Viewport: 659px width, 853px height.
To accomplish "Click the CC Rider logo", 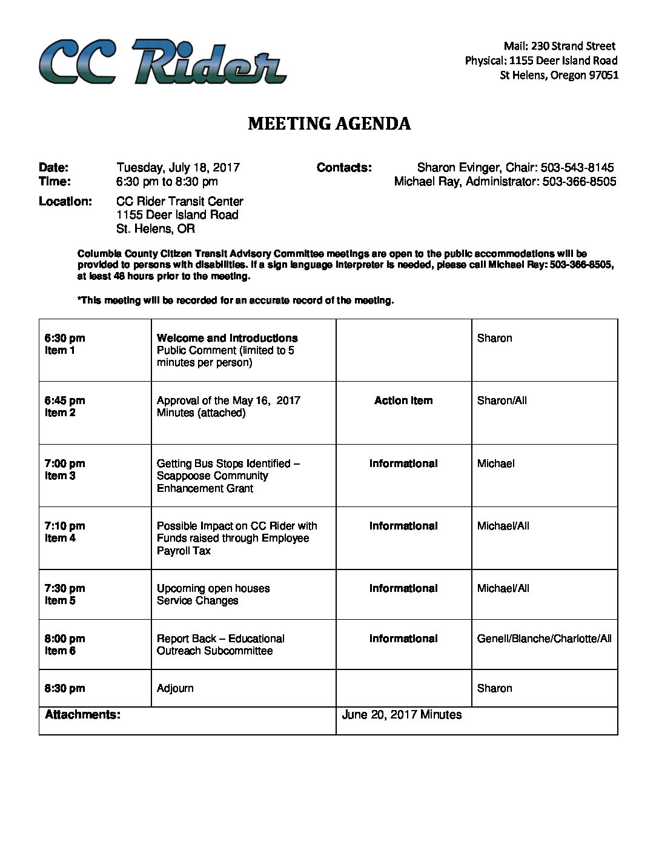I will coord(162,61).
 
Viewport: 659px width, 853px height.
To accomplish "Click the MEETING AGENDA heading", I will coord(329,124).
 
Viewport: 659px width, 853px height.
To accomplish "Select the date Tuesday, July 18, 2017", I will coord(178,168).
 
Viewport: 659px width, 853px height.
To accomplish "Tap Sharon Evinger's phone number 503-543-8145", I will coord(577,168).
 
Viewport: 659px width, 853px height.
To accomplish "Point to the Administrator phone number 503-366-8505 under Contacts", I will coord(578,182).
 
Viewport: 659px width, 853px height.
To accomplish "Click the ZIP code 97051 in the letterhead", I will coord(603,75).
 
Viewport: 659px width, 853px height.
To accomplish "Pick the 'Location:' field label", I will coord(65,201).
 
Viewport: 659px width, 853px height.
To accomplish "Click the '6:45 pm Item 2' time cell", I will coord(65,407).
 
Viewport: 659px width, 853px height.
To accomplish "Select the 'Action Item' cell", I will coord(403,400).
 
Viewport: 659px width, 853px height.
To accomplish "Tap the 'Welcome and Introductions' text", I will coord(227,338).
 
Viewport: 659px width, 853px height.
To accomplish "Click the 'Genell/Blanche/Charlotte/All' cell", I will coord(544,639).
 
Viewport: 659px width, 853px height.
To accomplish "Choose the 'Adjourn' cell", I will coord(175,688).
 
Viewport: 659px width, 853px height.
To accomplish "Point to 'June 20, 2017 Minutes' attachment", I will coord(402,715).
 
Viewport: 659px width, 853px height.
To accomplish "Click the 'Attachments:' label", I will coord(82,715).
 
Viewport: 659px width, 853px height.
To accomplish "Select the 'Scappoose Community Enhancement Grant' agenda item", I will coord(212,482).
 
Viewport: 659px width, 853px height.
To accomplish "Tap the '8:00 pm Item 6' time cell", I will coord(65,645).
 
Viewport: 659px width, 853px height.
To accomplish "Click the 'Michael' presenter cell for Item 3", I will coord(495,463).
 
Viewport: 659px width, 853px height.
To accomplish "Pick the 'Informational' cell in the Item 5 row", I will coord(403,588).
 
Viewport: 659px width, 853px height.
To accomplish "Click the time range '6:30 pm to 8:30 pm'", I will coord(167,182).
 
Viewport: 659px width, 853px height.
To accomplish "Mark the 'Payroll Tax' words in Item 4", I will coord(184,551).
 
